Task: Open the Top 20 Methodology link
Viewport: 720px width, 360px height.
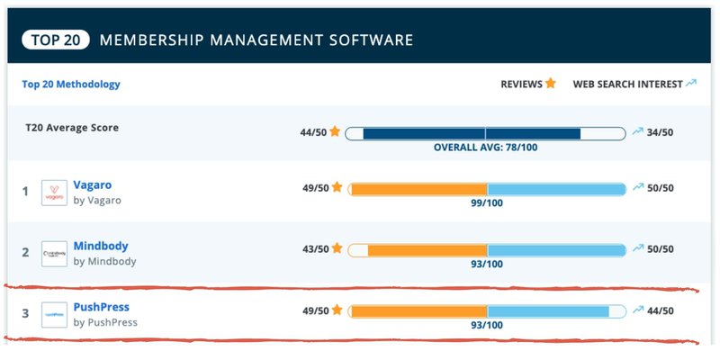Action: [x=71, y=85]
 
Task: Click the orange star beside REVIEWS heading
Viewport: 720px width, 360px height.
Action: [x=550, y=84]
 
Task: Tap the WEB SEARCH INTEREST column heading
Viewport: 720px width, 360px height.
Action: [x=627, y=85]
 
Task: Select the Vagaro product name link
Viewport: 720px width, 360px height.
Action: [x=94, y=184]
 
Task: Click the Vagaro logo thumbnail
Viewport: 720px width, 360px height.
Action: [x=55, y=193]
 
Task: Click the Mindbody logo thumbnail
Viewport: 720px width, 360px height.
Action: [x=55, y=254]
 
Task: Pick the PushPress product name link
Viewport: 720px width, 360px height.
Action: [x=102, y=307]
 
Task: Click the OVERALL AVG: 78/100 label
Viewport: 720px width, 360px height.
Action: [x=485, y=148]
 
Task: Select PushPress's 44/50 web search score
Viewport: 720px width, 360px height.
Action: [x=661, y=311]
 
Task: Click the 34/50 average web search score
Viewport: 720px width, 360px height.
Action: [x=661, y=132]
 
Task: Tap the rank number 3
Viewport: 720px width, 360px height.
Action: [x=25, y=314]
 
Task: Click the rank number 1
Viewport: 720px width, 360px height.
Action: [x=25, y=192]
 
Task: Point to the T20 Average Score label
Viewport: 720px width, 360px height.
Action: [x=72, y=128]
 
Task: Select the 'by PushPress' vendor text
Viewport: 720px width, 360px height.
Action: [x=105, y=322]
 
